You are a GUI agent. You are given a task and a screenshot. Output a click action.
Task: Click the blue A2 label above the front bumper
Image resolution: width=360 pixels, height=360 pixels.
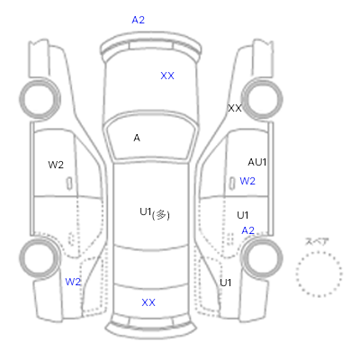click(x=138, y=20)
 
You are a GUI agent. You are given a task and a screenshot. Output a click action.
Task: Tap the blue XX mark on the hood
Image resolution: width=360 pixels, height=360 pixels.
click(x=167, y=76)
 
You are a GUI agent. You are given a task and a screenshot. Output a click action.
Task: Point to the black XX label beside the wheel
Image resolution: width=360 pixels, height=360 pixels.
click(x=235, y=108)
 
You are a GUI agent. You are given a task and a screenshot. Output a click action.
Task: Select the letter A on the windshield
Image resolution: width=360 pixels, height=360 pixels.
click(x=137, y=138)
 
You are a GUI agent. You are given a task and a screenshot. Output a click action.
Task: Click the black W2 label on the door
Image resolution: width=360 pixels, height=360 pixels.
click(x=56, y=165)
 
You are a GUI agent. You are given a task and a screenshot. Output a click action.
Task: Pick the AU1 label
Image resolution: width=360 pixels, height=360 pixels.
click(x=257, y=162)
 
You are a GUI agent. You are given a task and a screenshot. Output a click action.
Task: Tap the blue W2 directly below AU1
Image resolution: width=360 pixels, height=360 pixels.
click(x=247, y=181)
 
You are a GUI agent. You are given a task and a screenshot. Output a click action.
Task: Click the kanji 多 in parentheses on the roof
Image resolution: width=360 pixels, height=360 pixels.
click(x=161, y=215)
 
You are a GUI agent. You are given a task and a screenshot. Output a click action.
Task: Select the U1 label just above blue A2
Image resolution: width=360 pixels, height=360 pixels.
click(x=242, y=215)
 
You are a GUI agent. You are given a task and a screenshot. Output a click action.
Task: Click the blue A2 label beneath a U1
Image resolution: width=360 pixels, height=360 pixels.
click(x=248, y=230)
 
